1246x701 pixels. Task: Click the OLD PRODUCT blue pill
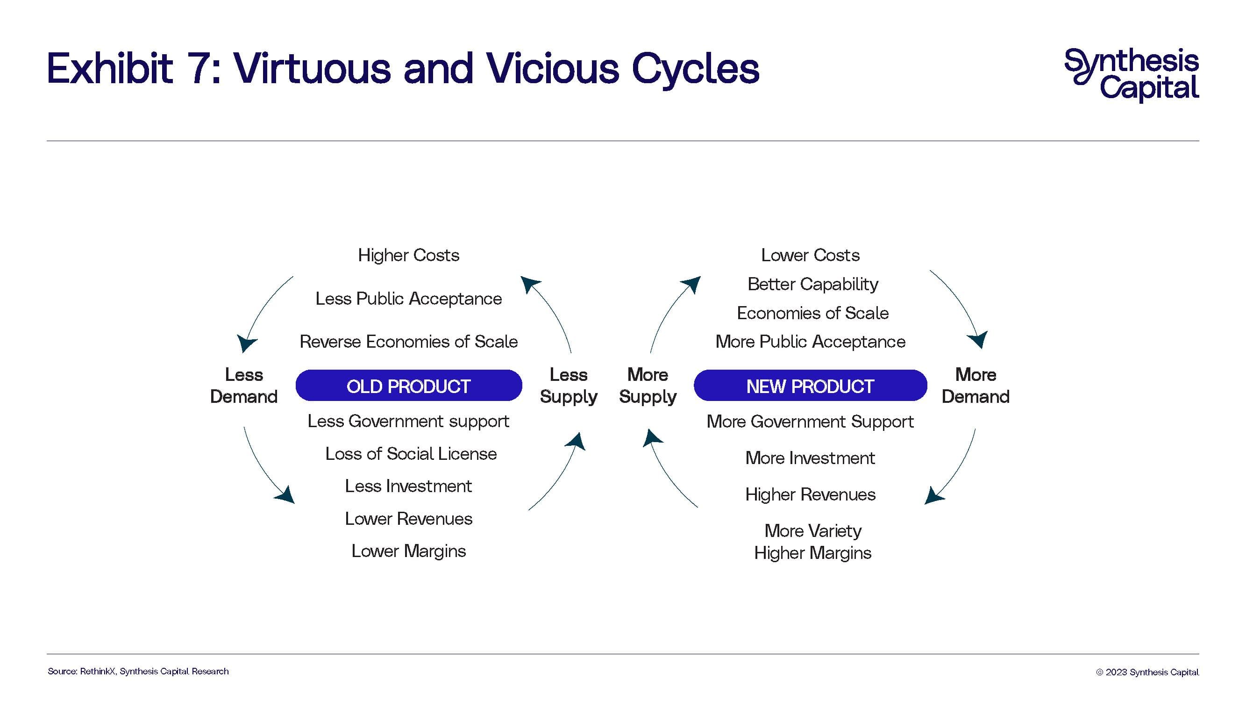409,386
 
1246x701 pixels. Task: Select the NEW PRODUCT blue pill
810,386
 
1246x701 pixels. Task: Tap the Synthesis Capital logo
1132,75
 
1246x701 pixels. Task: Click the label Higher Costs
409,255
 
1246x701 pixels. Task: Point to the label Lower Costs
810,255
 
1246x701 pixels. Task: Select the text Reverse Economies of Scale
409,342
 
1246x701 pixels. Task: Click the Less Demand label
244,386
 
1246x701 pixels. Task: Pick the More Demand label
975,386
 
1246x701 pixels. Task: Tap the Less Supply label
569,386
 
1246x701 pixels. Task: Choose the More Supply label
648,386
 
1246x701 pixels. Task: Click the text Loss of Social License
411,454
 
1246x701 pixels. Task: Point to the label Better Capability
812,285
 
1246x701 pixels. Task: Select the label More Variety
812,531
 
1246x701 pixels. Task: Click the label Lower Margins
409,551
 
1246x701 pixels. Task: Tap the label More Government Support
810,422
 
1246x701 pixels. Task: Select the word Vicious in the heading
552,68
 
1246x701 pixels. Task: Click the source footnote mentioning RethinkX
138,672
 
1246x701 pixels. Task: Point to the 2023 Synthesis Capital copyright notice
1147,672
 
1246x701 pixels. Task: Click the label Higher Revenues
810,494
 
